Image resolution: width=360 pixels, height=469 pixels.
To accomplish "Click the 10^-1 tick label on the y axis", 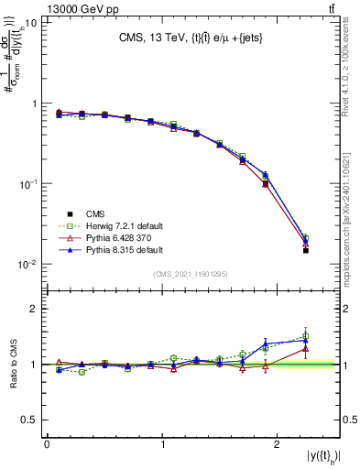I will coord(27,184).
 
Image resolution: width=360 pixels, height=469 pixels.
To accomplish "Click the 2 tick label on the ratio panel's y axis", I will coord(33,309).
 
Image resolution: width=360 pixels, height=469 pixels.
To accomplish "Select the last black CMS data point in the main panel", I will coord(306,250).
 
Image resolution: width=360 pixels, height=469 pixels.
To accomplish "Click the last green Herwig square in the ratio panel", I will coord(306,336).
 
